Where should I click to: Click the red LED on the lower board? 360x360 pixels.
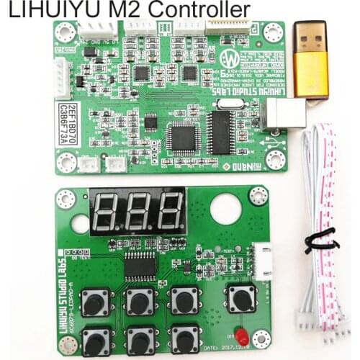coord(242,336)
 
